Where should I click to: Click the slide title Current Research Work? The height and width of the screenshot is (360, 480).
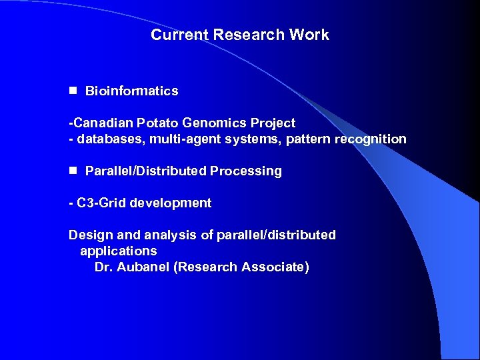click(x=240, y=35)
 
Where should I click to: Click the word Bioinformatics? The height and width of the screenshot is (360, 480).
click(x=132, y=91)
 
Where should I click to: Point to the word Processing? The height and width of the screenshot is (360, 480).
click(x=246, y=171)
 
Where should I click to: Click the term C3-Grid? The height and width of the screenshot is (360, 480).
click(x=101, y=203)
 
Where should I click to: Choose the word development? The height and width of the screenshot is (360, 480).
click(x=171, y=203)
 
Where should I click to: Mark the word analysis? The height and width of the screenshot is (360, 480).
click(x=158, y=235)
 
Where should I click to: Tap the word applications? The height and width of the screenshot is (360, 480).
click(x=119, y=251)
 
